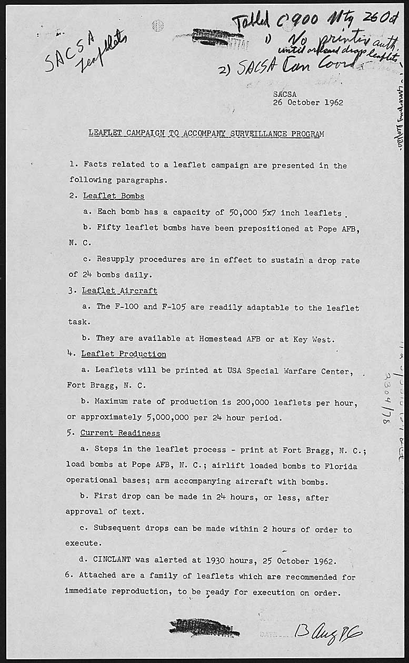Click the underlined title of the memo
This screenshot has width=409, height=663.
[x=206, y=134]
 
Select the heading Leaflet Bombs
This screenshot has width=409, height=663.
[x=114, y=196]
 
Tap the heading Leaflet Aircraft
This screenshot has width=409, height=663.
[x=119, y=291]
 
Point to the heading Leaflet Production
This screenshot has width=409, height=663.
[x=124, y=354]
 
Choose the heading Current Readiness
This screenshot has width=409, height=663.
[x=121, y=434]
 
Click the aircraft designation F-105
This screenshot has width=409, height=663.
[x=174, y=307]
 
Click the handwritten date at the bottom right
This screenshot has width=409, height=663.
[x=328, y=631]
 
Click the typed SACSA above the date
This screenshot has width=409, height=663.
[x=285, y=94]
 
